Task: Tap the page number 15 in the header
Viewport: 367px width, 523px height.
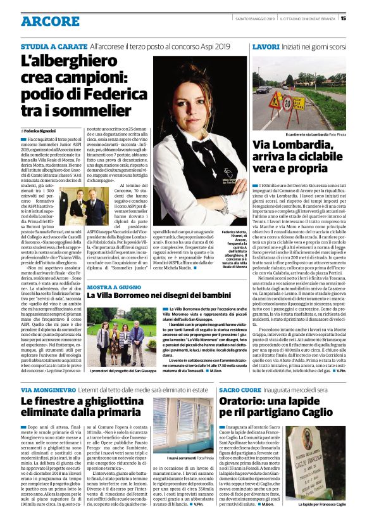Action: (x=361, y=18)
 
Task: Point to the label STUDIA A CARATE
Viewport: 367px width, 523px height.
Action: (x=53, y=47)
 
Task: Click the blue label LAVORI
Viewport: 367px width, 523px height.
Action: (x=265, y=47)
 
